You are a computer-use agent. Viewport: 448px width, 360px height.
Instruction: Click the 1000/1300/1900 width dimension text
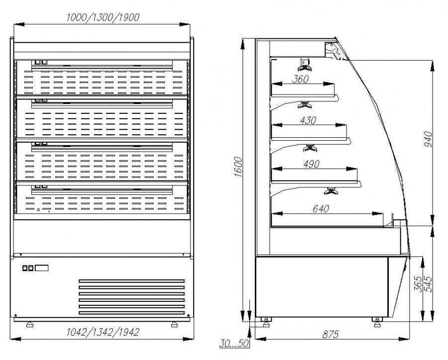coord(103,18)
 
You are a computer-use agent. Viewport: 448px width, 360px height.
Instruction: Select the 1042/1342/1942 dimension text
coord(103,332)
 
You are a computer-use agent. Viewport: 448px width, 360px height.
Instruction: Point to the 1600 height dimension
coord(238,167)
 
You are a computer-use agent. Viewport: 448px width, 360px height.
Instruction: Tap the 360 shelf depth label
coord(300,79)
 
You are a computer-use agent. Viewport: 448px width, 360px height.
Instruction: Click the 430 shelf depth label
coord(308,120)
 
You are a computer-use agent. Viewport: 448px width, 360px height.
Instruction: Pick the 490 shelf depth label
coord(311,164)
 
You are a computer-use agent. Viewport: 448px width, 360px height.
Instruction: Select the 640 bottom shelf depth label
coord(321,209)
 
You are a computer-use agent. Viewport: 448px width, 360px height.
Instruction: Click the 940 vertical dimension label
coord(428,139)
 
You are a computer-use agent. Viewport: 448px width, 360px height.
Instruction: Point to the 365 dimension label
coord(418,284)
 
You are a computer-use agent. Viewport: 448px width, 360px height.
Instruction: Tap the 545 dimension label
coord(428,284)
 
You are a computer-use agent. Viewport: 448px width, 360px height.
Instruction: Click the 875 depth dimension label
coord(331,334)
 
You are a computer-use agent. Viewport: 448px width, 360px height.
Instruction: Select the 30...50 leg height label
coord(234,343)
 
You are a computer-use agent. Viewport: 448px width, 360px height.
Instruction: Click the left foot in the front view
coord(30,324)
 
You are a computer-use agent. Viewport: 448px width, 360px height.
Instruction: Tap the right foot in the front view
coord(174,324)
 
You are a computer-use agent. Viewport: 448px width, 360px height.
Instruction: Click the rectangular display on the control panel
coord(42,268)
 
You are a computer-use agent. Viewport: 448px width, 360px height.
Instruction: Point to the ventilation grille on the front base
coord(132,297)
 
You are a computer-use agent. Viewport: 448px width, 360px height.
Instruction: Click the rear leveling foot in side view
coord(266,322)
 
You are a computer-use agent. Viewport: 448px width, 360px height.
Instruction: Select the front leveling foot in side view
coord(377,322)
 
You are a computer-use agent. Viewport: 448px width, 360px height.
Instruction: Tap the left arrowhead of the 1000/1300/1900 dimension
coord(19,25)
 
